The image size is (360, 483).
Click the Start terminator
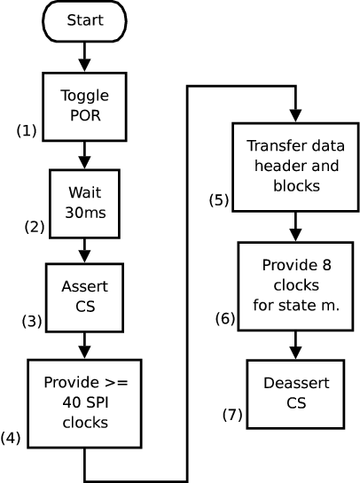coord(84,21)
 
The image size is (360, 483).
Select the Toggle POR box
coord(84,107)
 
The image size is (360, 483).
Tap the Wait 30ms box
coord(84,204)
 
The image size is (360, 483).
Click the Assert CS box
coord(84,298)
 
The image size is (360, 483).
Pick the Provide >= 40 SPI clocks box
coord(84,403)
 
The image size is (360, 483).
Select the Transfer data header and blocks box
coord(295,167)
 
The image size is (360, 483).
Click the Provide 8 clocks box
coord(295,286)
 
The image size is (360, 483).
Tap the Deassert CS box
coord(295,394)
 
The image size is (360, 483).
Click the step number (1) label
coord(27,131)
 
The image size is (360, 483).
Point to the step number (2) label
coord(35,228)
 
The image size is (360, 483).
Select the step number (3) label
coord(32,322)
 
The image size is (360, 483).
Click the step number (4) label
coord(11,438)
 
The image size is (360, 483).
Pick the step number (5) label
coord(219,200)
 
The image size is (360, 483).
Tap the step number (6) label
coord(225,318)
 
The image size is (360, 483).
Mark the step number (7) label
coord(232,415)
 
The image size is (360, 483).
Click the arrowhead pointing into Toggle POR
coord(84,65)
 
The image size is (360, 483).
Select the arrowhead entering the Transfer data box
coord(295,115)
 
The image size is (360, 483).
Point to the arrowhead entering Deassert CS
coord(295,353)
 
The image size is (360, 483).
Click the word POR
coord(85,115)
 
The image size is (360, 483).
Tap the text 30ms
coord(85,213)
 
